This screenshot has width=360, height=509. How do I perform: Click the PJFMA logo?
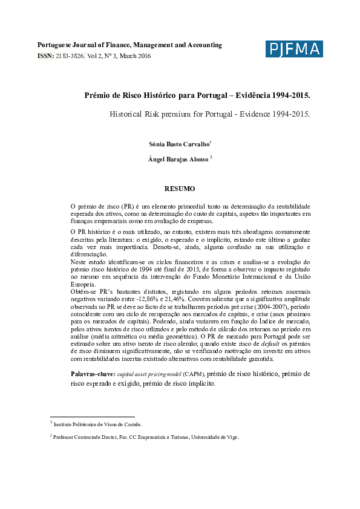(x=294, y=50)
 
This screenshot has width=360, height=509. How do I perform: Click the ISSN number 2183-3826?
(x=70, y=56)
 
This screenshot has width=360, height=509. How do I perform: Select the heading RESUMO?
(x=180, y=189)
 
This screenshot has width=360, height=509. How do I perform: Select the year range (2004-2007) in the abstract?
(x=253, y=306)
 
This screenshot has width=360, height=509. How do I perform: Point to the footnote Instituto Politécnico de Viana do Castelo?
(x=97, y=425)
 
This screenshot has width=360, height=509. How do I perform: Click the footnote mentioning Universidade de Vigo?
(x=145, y=436)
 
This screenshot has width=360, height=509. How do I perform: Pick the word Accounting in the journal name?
(x=203, y=45)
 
